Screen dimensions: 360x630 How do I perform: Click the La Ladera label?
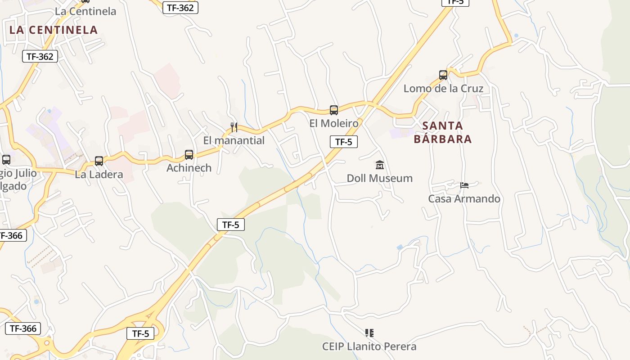[x=99, y=175]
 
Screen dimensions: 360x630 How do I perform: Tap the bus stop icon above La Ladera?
[x=99, y=161]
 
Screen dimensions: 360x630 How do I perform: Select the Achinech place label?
[x=189, y=168]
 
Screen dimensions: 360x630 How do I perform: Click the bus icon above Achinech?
[x=189, y=155]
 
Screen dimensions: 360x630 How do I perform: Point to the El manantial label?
[x=234, y=140]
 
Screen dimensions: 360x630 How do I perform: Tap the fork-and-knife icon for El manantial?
[x=234, y=127]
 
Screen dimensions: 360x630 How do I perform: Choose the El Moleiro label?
[x=334, y=123]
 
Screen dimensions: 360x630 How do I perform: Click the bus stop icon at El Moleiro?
[x=334, y=110]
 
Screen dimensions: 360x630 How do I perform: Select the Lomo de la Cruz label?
[x=443, y=88]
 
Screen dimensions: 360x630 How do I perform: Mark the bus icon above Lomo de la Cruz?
[x=443, y=75]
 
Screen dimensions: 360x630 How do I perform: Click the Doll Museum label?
[x=379, y=178]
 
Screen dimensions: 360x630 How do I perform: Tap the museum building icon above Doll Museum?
[x=379, y=165]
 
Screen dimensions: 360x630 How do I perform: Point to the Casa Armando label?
[x=464, y=198]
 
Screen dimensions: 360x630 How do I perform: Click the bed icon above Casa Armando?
[x=464, y=185]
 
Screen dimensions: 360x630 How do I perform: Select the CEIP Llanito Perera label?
[x=369, y=346]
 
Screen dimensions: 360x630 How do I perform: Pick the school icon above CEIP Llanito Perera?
[x=369, y=333]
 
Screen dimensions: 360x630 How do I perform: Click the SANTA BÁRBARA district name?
[x=443, y=132]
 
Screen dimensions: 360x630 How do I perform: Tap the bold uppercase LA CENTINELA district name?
[x=54, y=30]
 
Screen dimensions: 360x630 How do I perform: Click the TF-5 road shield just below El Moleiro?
[x=344, y=142]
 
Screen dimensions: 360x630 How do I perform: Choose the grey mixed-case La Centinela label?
[x=85, y=11]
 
